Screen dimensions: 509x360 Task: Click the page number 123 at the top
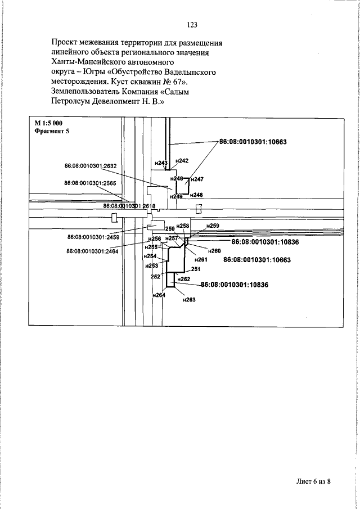click(191, 25)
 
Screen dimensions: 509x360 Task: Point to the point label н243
click(160, 163)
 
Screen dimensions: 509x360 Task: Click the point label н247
click(196, 179)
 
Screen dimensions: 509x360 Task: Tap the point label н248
click(196, 195)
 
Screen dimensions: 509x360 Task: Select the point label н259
click(212, 225)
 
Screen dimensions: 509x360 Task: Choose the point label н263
click(188, 300)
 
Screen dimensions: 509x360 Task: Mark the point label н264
click(159, 295)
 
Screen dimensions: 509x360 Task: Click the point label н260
click(214, 250)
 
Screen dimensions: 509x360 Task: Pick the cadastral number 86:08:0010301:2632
click(91, 166)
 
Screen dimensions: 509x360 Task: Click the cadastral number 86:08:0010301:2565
click(90, 183)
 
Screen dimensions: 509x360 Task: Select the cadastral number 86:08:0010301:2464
click(92, 251)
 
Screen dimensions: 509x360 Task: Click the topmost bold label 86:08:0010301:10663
click(253, 142)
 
